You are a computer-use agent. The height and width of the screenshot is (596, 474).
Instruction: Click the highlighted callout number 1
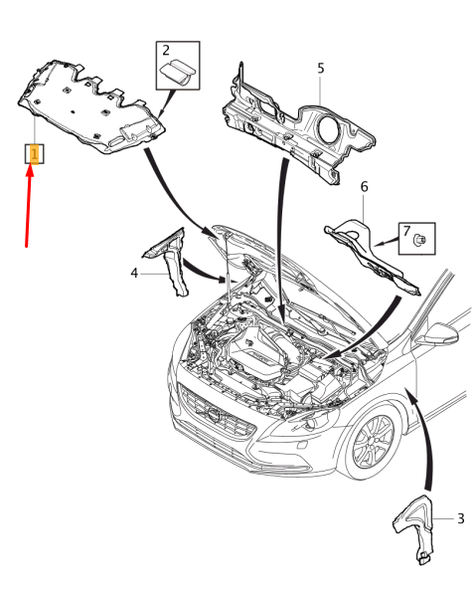(x=34, y=154)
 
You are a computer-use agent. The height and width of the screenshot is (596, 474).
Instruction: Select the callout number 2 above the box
(x=166, y=50)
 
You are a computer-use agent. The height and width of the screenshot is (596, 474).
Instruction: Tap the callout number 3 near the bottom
(x=460, y=518)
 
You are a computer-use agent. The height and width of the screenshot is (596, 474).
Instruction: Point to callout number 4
(x=134, y=271)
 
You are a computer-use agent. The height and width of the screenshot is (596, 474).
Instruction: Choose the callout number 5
(x=320, y=68)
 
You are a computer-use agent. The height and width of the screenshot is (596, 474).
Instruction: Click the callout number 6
(x=364, y=187)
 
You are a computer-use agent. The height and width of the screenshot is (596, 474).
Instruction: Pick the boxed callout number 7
(x=405, y=232)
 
